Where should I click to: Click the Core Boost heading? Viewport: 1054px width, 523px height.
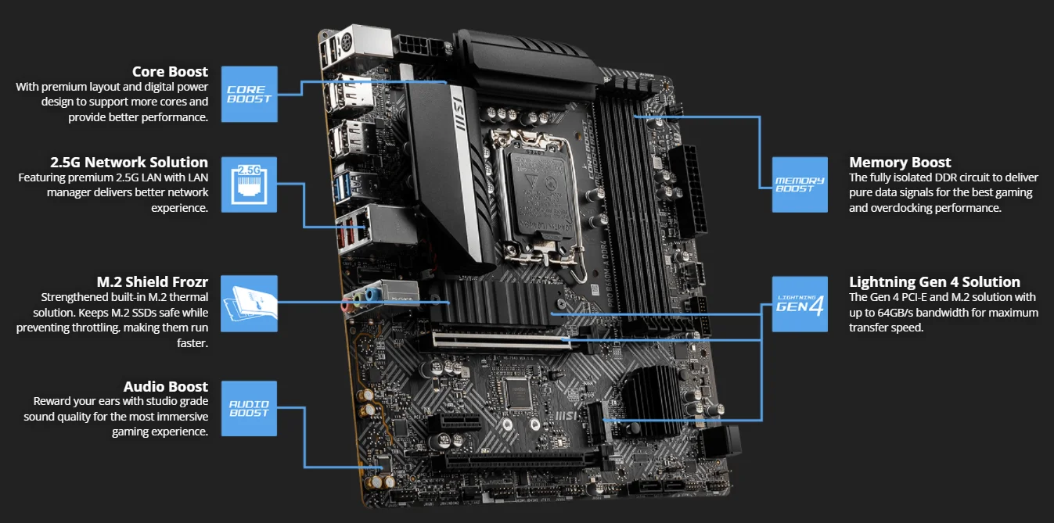(170, 72)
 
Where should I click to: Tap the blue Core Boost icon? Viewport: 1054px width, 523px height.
(249, 94)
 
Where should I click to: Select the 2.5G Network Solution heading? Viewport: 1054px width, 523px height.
(129, 163)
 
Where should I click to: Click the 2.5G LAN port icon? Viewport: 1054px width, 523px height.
(249, 184)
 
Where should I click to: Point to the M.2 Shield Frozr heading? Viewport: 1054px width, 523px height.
(152, 281)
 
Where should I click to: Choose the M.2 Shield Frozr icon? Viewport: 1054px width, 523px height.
(249, 303)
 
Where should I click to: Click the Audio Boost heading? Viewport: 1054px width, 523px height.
(166, 387)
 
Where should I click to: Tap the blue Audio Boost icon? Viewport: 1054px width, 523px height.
(249, 408)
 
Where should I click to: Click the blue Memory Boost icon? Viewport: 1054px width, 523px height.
(800, 184)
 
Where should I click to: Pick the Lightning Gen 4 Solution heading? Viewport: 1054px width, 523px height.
(934, 281)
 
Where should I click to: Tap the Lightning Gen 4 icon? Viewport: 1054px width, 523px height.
(800, 303)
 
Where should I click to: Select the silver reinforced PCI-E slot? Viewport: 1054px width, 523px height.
(501, 342)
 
